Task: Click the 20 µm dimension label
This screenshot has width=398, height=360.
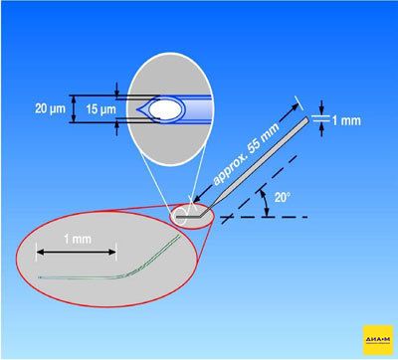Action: pos(51,108)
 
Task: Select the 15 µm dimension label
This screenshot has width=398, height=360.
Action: pos(101,109)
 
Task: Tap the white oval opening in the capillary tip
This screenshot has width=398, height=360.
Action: pos(165,109)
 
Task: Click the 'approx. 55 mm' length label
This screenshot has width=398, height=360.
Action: pos(247,155)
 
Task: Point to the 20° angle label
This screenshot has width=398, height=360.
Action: pos(283,197)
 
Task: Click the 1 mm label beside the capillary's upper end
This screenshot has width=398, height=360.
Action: pos(346,120)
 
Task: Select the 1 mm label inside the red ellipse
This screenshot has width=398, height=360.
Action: pos(78,239)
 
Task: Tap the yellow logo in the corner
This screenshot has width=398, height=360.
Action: pos(378,339)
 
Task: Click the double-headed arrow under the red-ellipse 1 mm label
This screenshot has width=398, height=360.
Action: pos(77,252)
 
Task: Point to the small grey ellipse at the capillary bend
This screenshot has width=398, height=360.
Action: pos(192,216)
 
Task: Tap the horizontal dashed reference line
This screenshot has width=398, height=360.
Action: pos(264,217)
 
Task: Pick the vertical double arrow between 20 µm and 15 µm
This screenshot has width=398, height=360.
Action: pos(74,108)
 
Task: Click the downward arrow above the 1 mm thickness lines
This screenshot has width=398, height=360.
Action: pos(321,107)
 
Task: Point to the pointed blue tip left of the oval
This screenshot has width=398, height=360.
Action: pos(142,109)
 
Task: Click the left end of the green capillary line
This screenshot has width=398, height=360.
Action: pos(39,277)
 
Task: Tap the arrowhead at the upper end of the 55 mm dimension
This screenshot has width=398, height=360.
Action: pos(295,106)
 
